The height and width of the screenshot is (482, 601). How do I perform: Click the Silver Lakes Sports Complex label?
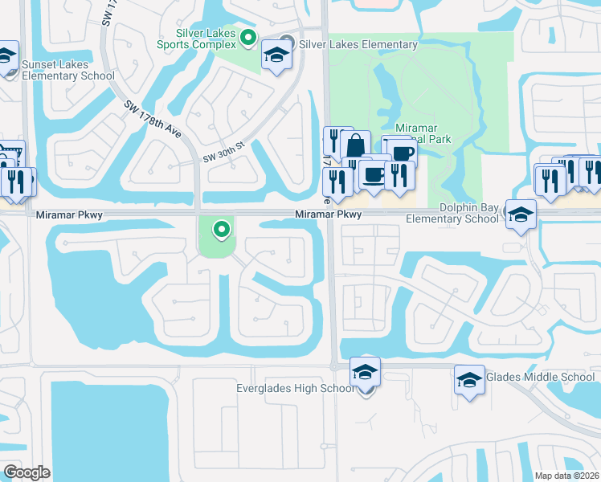(206, 39)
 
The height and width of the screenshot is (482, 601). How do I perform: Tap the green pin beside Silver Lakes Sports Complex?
(248, 37)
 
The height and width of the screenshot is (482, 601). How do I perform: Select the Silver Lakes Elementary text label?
(358, 45)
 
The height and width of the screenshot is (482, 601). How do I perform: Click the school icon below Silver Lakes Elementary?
(276, 55)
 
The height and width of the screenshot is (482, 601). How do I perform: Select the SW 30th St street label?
(223, 153)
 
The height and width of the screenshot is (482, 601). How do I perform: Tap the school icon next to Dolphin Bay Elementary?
(521, 214)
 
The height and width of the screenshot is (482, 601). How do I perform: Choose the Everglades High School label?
(295, 389)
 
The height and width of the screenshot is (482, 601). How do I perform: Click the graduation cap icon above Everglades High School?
(366, 372)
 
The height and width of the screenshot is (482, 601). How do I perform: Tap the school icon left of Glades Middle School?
(469, 380)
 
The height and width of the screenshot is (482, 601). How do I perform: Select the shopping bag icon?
(355, 146)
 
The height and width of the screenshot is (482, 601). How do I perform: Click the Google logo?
(27, 472)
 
